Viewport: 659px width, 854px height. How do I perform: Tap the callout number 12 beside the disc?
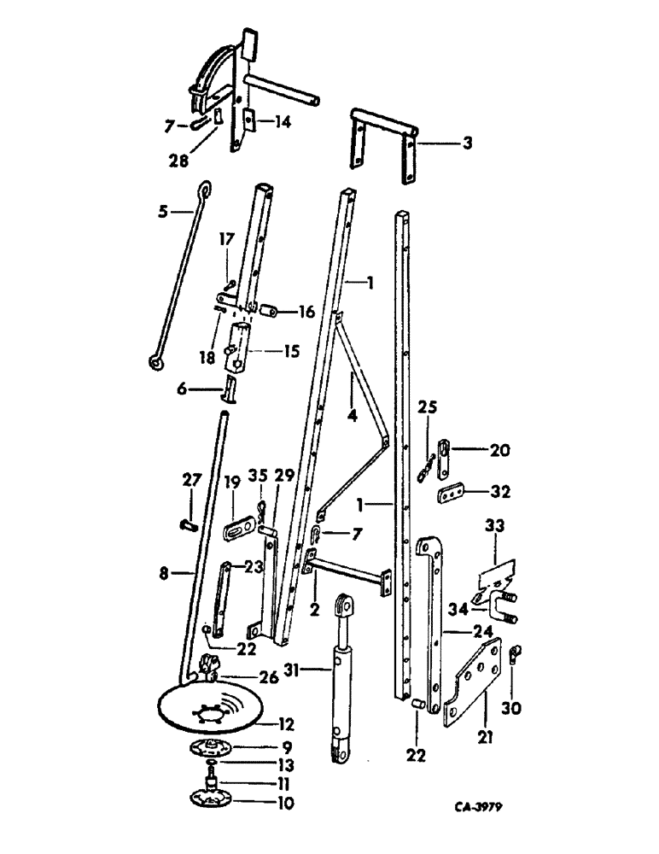(287, 725)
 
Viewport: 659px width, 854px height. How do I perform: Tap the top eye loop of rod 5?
(204, 189)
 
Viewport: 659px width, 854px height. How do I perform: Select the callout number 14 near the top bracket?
(283, 122)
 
